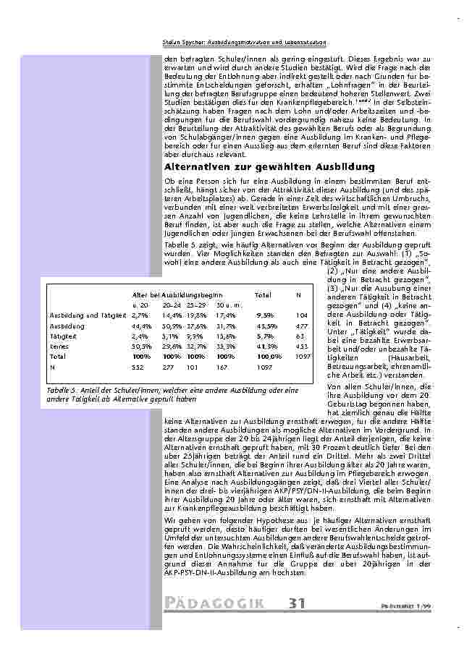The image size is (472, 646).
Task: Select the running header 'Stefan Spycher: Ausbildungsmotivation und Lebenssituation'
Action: (x=245, y=43)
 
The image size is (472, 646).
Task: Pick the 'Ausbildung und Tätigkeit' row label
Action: (x=83, y=316)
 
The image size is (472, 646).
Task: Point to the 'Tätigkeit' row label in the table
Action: (x=62, y=336)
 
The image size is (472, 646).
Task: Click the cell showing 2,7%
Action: (x=140, y=316)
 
